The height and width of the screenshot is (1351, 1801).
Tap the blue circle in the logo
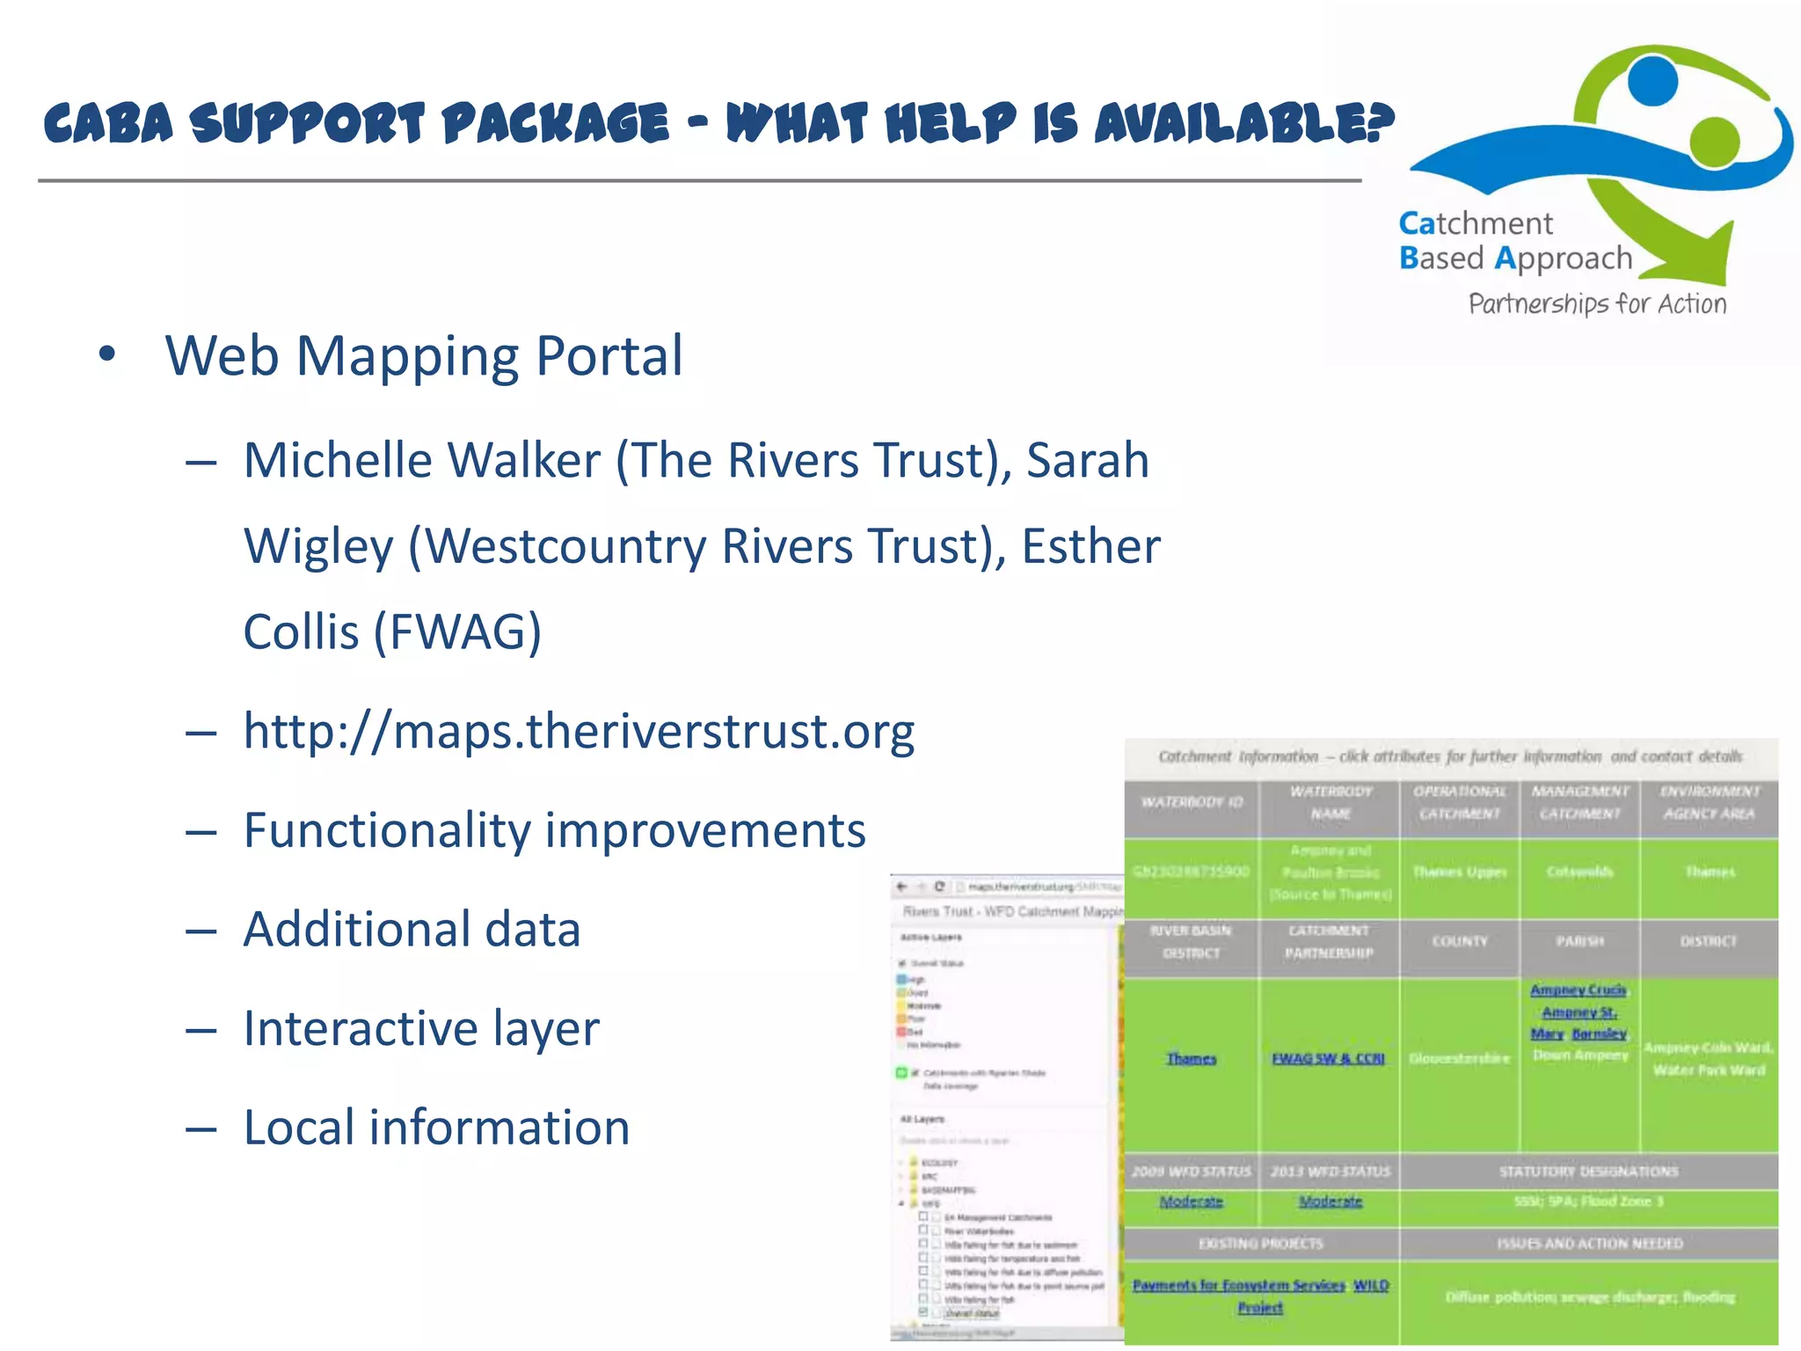[x=1652, y=79]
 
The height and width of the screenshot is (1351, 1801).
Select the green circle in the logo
[x=1714, y=140]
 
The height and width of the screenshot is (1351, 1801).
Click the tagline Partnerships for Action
[x=1597, y=303]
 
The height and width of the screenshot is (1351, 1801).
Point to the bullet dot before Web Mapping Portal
[x=107, y=354]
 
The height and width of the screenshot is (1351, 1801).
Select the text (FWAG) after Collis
[x=457, y=632]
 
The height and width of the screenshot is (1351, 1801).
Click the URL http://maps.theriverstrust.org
[x=579, y=731]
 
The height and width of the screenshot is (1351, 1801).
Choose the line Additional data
[x=412, y=929]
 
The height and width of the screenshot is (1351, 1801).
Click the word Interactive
[x=361, y=1028]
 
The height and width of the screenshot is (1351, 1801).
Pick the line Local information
[x=436, y=1127]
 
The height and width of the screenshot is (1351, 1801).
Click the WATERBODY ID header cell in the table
[x=1192, y=802]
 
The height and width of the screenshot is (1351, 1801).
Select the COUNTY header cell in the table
[x=1460, y=941]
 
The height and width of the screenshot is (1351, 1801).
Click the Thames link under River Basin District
[x=1191, y=1058]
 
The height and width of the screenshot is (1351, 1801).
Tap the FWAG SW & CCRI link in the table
[x=1328, y=1058]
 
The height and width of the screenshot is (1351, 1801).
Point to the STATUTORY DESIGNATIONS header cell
[x=1588, y=1172]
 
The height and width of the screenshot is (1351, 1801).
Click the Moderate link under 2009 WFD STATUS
[x=1191, y=1201]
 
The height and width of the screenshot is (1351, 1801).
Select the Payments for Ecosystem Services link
[x=1238, y=1285]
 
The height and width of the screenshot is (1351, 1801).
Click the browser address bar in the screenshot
[x=1038, y=887]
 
